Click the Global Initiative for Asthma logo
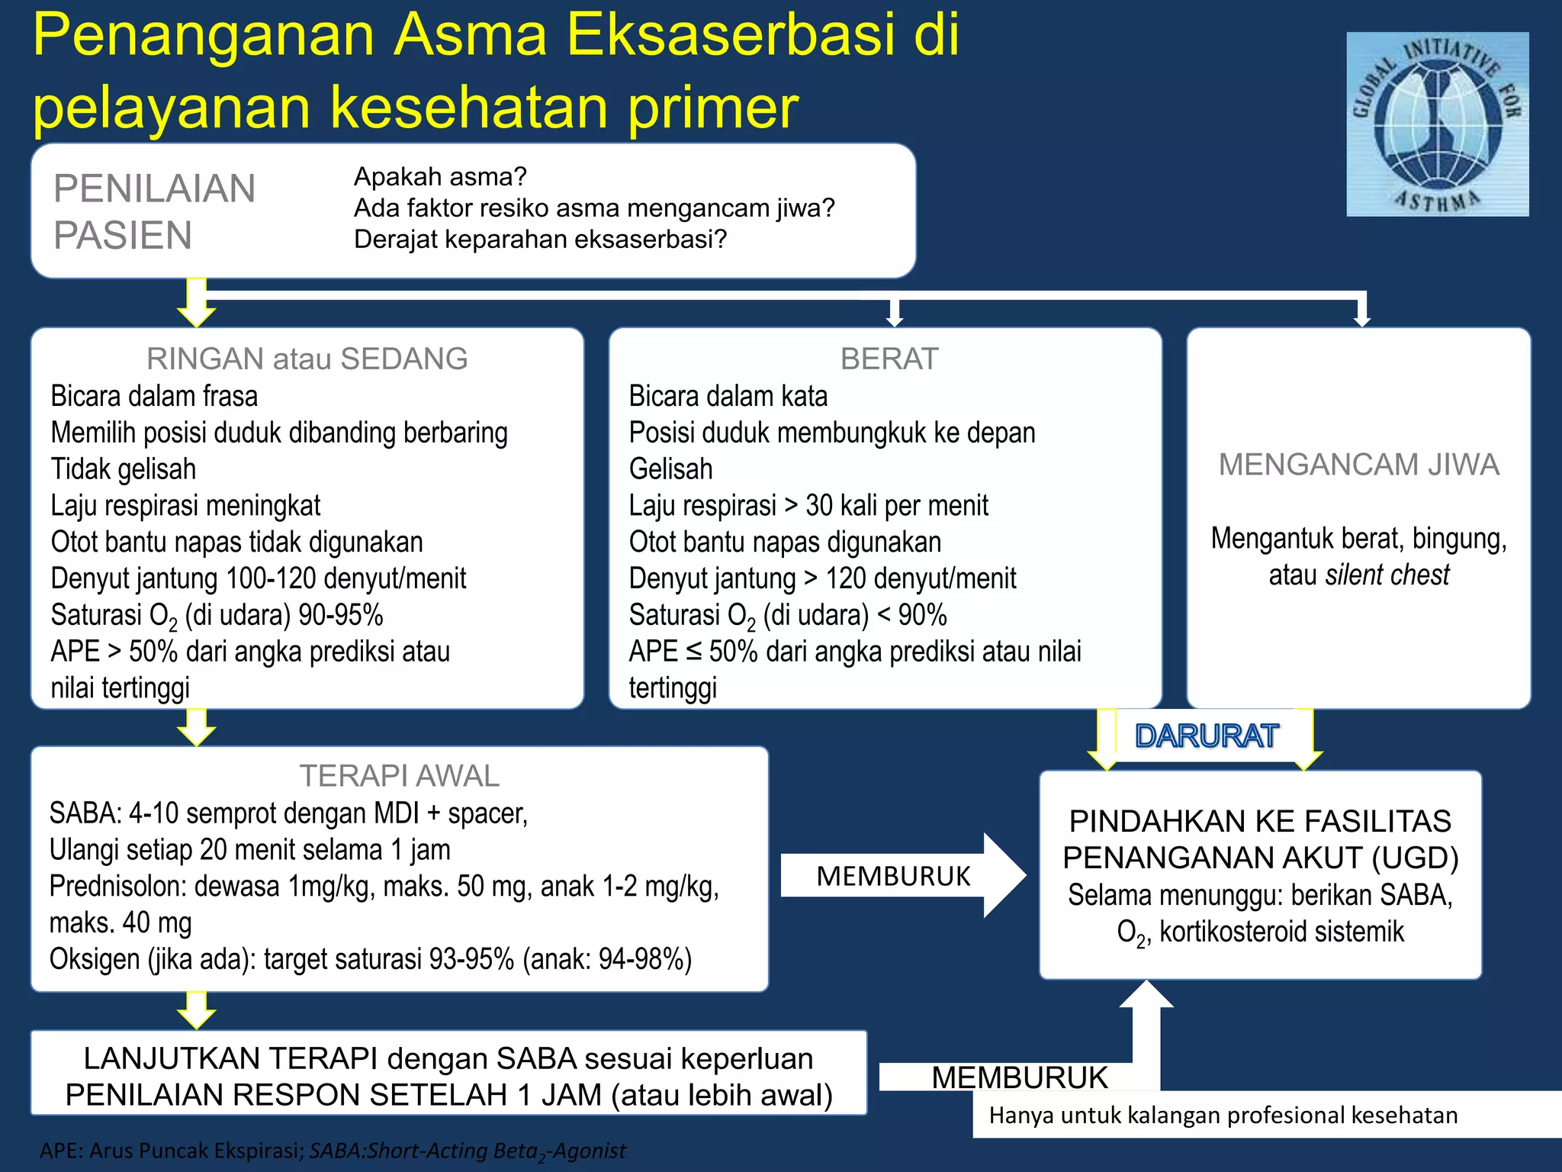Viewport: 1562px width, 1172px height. [1437, 124]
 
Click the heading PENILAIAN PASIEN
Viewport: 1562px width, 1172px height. [154, 211]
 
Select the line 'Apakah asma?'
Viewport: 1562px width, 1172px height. [440, 177]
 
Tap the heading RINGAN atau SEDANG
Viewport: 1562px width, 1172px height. [307, 359]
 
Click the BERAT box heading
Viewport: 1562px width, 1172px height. [889, 359]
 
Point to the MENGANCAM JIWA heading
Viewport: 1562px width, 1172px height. [1358, 465]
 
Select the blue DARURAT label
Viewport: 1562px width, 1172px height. [1206, 736]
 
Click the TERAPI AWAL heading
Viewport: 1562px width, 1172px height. [399, 776]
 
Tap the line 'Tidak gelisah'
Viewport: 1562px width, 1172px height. [124, 468]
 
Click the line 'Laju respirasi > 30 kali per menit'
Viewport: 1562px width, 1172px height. [808, 505]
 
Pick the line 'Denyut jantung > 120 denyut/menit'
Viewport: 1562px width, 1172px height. [822, 578]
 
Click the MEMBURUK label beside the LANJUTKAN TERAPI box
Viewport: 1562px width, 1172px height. [1019, 1077]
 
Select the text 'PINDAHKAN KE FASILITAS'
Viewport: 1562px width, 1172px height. [1260, 821]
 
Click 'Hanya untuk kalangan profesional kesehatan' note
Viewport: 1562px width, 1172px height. [1223, 1116]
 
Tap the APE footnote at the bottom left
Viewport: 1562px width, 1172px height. [333, 1151]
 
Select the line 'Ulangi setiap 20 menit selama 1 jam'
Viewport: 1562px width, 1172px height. [249, 849]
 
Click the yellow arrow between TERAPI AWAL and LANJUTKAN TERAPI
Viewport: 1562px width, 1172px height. [197, 1010]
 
